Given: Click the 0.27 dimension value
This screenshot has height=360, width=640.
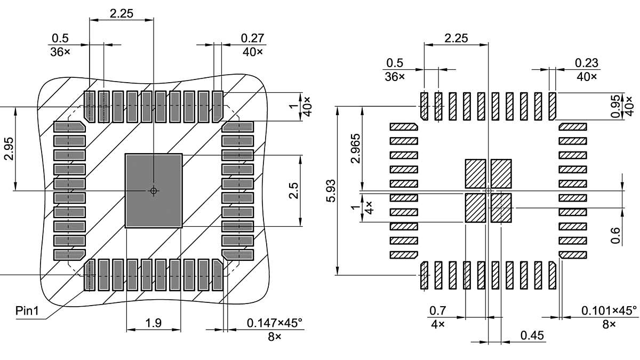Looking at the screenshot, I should coord(252,38).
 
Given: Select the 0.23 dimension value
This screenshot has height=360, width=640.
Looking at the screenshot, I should coord(587,63).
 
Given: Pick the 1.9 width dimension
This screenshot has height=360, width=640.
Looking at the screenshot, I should coord(154,323).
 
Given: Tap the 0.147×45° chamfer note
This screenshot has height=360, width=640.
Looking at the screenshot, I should coord(274,323).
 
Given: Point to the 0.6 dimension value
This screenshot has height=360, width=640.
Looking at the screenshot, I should coord(615,235).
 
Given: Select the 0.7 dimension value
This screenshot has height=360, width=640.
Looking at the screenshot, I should coord(437,310).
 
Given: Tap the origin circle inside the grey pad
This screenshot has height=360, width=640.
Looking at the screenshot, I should coord(153,190).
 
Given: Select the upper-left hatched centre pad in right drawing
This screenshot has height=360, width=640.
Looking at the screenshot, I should coord(476,173).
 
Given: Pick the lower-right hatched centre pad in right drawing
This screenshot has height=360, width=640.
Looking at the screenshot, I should coord(501,207).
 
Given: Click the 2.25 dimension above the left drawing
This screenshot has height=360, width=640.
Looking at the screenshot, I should coord(121,14).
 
